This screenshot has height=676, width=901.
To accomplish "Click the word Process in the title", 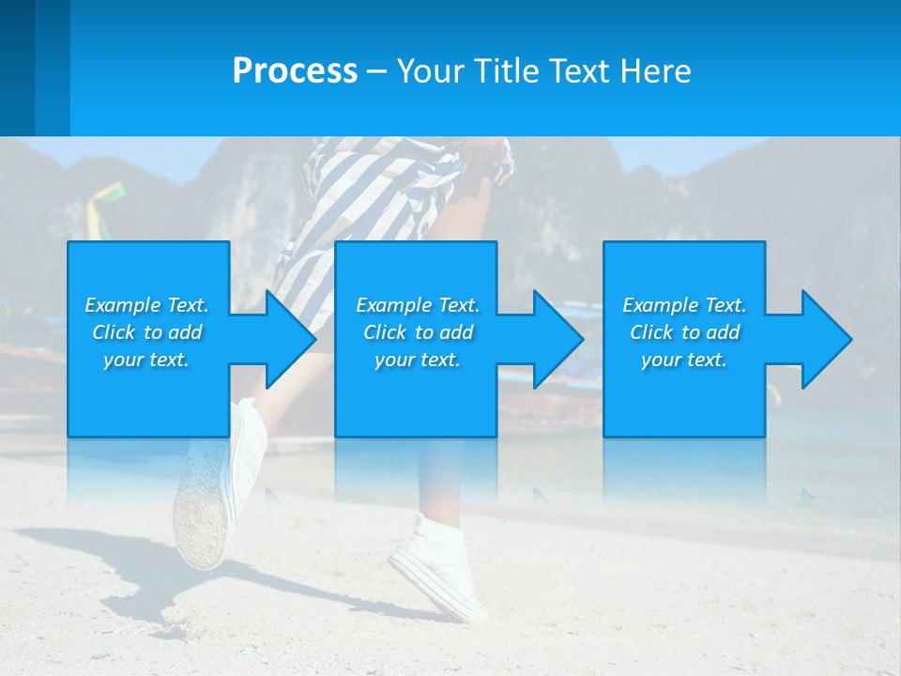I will [295, 71].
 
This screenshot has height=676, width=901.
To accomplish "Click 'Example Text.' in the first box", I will [146, 305].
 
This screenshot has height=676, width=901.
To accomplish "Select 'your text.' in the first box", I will [146, 360].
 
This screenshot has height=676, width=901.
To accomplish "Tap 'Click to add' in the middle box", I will [418, 332].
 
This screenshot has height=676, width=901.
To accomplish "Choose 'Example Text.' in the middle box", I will [418, 305].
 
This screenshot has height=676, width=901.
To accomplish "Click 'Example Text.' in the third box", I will [684, 305].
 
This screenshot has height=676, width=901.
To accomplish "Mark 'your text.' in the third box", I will [684, 360].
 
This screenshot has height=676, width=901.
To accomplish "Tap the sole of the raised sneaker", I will [199, 512].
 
